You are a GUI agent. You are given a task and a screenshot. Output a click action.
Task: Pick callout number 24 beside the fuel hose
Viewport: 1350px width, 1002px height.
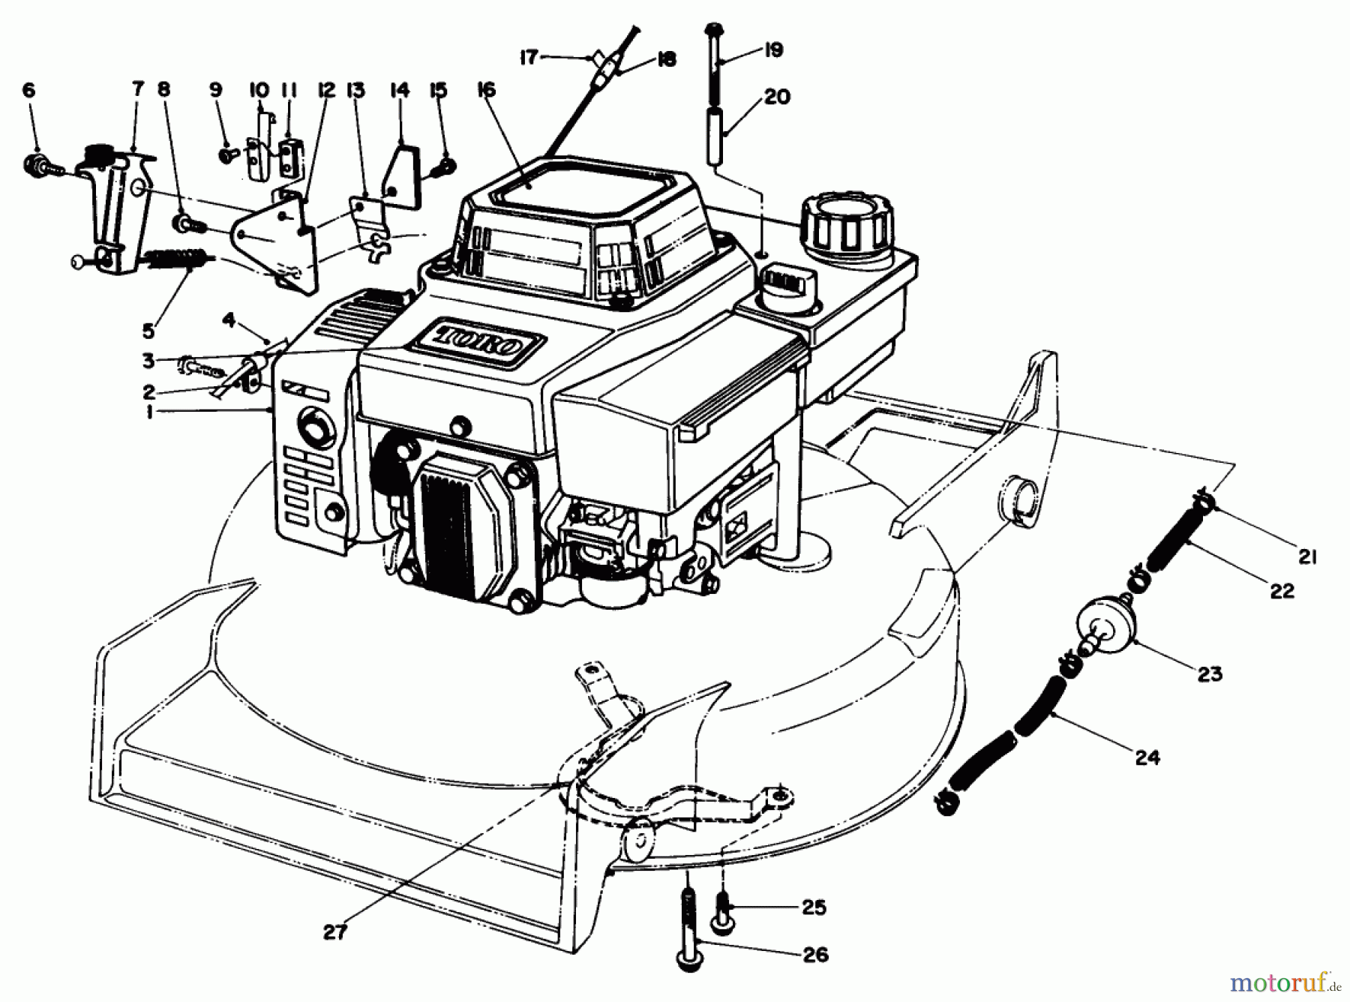[1147, 757]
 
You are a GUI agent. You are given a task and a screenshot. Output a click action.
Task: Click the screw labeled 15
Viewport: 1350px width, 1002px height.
[446, 165]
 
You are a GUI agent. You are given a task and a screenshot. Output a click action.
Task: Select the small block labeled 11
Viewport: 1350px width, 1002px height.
[289, 154]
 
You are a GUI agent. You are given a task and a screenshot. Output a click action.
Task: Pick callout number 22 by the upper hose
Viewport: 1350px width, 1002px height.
[1282, 591]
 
